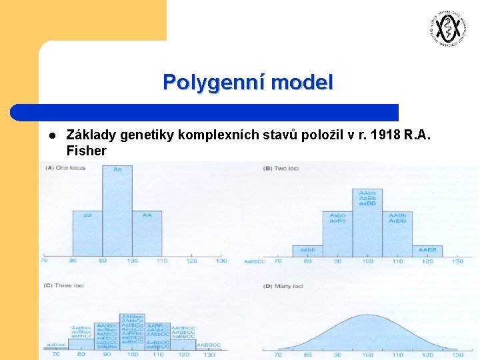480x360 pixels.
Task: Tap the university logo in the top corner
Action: (445, 28)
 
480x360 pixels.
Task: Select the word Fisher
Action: (87, 151)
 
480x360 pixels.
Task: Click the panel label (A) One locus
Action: (65, 168)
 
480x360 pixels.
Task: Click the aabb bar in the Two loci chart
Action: (308, 251)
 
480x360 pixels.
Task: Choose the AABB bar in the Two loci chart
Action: (427, 251)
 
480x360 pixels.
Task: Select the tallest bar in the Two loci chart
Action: (367, 223)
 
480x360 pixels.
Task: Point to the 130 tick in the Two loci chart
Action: (457, 261)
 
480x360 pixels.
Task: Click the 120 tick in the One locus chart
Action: (191, 261)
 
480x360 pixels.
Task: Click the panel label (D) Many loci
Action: (283, 286)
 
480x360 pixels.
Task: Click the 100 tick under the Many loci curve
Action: (367, 355)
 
